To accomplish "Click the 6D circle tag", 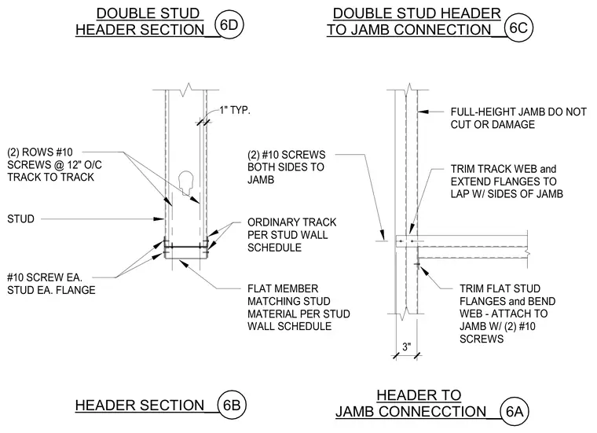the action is [x=229, y=25].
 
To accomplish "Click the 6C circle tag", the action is [x=518, y=28].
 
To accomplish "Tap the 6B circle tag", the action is [x=232, y=405].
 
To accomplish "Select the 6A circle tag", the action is [x=515, y=411].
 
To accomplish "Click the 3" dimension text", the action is [x=407, y=347].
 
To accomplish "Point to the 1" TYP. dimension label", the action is [x=235, y=111].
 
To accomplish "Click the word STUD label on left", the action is [x=20, y=219].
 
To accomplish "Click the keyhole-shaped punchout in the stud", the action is [x=186, y=182].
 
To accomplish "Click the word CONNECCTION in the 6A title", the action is [x=433, y=412].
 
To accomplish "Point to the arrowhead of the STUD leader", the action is [x=159, y=219].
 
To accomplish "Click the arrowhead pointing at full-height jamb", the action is [x=423, y=112].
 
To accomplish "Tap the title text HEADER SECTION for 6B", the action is [x=140, y=405].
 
